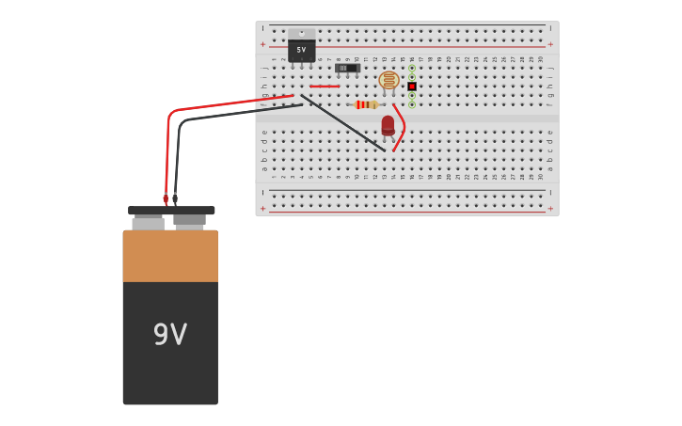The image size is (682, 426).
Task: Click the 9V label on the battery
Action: [x=170, y=334]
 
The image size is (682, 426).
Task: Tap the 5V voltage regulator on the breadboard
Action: [x=301, y=50]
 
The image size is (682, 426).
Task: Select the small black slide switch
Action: [x=347, y=68]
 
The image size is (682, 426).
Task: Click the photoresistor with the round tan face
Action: [x=389, y=80]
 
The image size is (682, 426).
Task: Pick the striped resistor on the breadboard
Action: [x=365, y=104]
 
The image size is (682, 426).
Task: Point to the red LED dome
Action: [x=388, y=125]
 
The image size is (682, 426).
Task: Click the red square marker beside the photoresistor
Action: [x=412, y=87]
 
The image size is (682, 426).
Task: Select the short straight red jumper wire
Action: [x=325, y=87]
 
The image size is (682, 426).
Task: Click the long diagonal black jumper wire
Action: [x=343, y=123]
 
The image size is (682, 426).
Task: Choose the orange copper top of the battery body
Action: [x=170, y=256]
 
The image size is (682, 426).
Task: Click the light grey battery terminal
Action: [x=148, y=224]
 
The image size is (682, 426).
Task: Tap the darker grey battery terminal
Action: [x=190, y=222]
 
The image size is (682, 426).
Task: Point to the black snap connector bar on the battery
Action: [x=171, y=211]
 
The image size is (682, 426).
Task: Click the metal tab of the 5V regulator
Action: [x=301, y=33]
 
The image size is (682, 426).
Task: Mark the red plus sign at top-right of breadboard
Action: [x=550, y=43]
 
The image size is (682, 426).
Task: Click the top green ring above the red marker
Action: [x=412, y=68]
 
